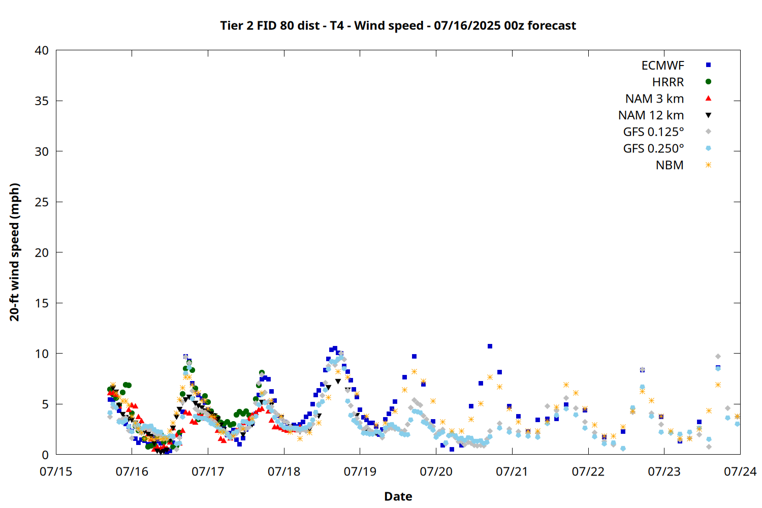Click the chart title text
click(x=398, y=25)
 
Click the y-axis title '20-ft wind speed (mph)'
click(x=14, y=252)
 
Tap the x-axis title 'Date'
click(x=398, y=496)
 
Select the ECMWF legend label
click(x=662, y=66)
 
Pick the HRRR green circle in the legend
click(x=708, y=82)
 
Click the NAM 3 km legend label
click(x=654, y=99)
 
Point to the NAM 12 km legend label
click(x=651, y=115)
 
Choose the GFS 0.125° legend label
click(x=653, y=132)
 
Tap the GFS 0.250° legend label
click(x=653, y=148)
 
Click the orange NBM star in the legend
click(x=708, y=165)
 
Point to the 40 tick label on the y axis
click(x=42, y=50)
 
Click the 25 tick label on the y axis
click(x=42, y=202)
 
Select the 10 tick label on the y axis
click(x=42, y=354)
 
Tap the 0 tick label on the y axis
click(x=45, y=455)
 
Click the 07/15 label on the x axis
click(x=56, y=471)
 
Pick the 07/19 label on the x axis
click(x=360, y=471)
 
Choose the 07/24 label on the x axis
click(x=740, y=471)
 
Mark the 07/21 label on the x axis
click(x=512, y=471)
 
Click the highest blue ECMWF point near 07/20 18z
click(x=490, y=346)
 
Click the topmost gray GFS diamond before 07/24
click(x=718, y=357)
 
